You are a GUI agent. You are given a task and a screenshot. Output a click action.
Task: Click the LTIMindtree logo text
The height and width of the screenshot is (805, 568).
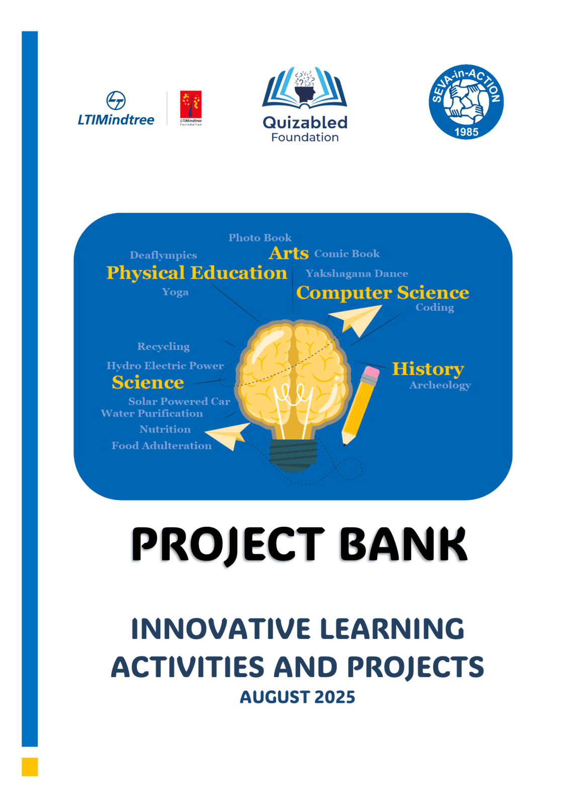click(116, 120)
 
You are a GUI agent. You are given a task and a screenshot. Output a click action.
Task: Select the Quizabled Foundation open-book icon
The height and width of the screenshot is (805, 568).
click(305, 88)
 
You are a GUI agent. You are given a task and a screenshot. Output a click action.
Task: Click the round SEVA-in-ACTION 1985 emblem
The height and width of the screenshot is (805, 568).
click(466, 102)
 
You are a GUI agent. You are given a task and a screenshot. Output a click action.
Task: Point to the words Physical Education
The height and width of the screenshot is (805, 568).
click(197, 273)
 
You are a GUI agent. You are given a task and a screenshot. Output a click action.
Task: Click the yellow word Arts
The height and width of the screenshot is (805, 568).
click(288, 253)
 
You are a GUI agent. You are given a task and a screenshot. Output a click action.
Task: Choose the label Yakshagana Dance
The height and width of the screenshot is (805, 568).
click(357, 274)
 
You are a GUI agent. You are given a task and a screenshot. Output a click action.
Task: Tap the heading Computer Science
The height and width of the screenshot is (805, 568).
click(383, 293)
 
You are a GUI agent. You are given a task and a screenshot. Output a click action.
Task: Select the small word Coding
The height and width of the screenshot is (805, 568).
click(435, 307)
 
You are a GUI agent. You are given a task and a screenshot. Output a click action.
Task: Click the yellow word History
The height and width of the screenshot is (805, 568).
click(428, 369)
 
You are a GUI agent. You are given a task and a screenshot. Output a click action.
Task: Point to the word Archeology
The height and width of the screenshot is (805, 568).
click(440, 385)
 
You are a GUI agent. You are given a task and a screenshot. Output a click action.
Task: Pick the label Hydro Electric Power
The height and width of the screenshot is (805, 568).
click(165, 366)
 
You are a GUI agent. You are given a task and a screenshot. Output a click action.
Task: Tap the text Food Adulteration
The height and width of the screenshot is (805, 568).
click(161, 446)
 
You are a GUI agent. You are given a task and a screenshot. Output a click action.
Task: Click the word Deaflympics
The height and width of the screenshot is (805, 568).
click(163, 255)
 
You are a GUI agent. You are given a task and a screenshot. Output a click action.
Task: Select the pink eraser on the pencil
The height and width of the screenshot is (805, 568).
click(371, 372)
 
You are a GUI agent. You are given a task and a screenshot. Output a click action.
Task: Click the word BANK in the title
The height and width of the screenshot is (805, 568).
click(403, 544)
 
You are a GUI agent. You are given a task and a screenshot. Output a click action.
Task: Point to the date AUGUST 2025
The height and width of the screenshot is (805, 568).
click(297, 697)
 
